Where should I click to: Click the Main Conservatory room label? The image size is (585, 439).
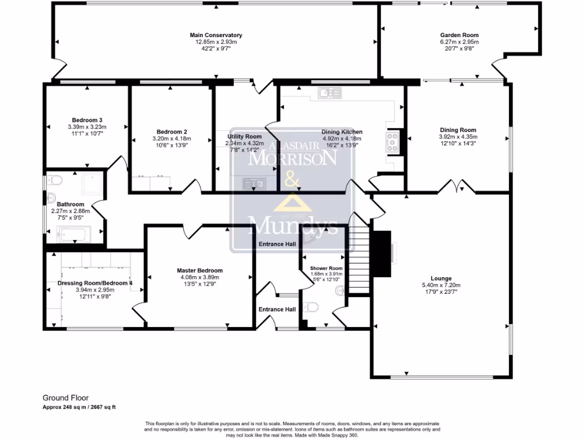pos(216,35)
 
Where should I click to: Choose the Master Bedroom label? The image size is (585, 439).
pos(199,270)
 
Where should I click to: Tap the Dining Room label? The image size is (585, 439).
pos(458,130)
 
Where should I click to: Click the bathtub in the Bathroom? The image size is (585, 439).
pos(73,234)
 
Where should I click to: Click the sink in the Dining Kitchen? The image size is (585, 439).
pos(330,93)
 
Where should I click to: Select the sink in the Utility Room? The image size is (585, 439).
pos(254,183)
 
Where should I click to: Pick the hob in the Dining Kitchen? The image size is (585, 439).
pos(393,142)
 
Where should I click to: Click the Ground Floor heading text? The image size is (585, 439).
pos(66,398)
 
